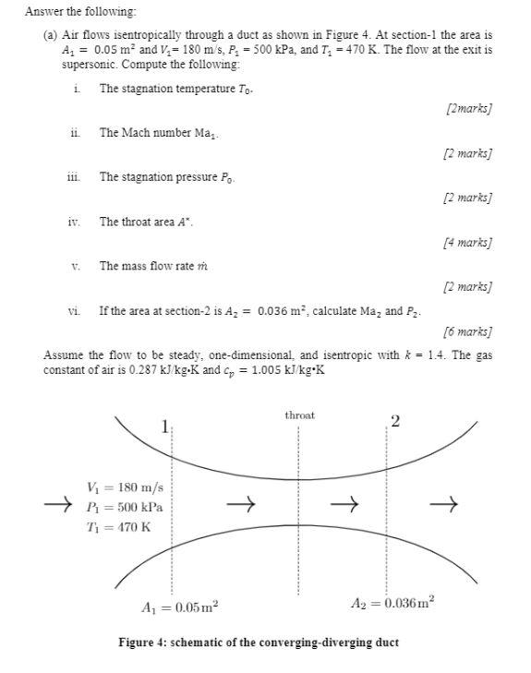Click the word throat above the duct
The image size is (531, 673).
pyautogui.click(x=299, y=415)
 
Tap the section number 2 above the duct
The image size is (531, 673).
pyautogui.click(x=394, y=422)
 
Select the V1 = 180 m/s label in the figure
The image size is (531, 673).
pyautogui.click(x=124, y=487)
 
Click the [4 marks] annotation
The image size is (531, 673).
pyautogui.click(x=467, y=243)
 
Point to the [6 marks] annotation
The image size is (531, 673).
pyautogui.click(x=467, y=331)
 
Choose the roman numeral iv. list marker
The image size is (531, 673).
pyautogui.click(x=75, y=222)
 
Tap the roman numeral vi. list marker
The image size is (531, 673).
pyautogui.click(x=75, y=311)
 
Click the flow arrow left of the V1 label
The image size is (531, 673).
pyautogui.click(x=57, y=505)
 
